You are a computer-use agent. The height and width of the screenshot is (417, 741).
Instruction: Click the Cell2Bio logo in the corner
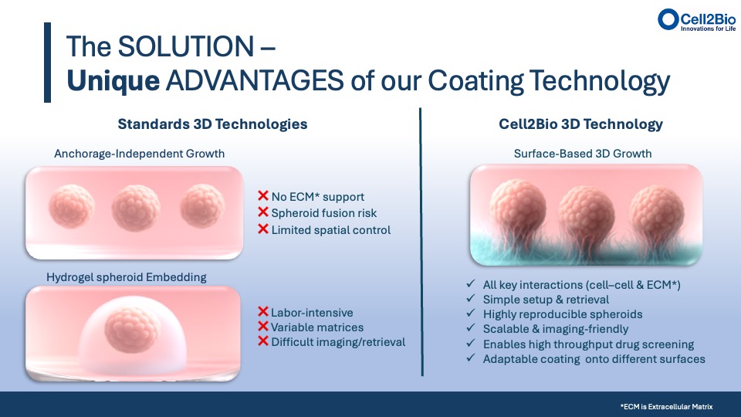tap(696, 20)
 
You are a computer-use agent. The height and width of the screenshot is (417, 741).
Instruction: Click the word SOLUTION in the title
tap(186, 46)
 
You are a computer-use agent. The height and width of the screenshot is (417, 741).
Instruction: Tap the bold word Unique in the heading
tap(113, 81)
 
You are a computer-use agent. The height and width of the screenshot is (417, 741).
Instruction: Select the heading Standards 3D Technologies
tap(213, 124)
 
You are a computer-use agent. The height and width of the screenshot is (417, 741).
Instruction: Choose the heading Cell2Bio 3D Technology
tap(580, 124)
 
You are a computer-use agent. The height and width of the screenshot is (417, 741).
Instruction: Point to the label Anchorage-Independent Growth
tap(140, 154)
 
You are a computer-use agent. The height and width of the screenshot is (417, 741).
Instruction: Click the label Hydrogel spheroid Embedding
tap(126, 277)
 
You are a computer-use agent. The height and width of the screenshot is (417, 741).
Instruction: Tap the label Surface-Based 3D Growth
tap(583, 154)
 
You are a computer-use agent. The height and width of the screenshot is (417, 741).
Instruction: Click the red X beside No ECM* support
tap(263, 195)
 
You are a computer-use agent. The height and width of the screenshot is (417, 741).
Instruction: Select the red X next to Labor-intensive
tap(263, 311)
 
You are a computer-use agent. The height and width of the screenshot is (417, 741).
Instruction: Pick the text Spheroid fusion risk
tap(323, 213)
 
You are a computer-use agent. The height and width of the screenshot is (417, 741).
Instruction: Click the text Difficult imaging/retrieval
tap(338, 342)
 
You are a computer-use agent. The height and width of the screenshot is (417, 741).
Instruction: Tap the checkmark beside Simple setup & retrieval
tap(470, 298)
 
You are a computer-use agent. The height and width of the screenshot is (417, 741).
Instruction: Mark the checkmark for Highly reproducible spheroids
tap(470, 313)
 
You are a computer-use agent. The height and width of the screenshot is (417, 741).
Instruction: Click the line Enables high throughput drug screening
tap(588, 344)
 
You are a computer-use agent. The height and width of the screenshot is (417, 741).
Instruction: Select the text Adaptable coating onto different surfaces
tap(594, 359)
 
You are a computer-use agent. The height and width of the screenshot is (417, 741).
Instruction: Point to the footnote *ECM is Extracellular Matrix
tap(666, 407)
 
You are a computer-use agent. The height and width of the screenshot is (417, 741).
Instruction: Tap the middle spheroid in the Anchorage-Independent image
tap(136, 208)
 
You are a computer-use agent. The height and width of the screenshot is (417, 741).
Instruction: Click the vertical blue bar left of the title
tap(47, 63)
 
